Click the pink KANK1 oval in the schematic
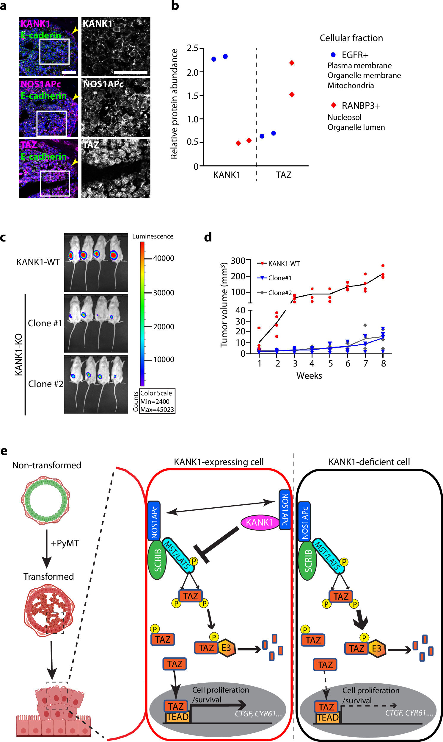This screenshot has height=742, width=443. coord(259,522)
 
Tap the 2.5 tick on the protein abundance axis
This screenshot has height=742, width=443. coord(193,48)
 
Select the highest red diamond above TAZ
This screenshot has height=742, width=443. coord(292,63)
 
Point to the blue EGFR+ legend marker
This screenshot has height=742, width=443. coord(333,55)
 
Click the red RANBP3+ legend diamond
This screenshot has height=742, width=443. coord(334,105)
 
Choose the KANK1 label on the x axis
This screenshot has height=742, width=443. coord(227,175)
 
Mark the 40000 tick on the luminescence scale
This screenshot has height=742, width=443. coord(164,258)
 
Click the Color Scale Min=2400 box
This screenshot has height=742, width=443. coord(157,401)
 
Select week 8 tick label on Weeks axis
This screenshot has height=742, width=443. coord(384,364)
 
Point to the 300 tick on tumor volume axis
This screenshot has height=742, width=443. coord(238,261)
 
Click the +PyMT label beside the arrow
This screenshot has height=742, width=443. coord(65,543)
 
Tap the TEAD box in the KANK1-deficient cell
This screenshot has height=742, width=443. coord(328,717)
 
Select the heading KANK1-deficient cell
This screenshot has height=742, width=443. coord(369,462)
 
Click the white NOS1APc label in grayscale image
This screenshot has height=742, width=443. coord(103,84)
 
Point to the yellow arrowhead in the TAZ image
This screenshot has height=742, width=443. coord(75,162)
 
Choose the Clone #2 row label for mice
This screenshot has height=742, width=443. coord(46,384)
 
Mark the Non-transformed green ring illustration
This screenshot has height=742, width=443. coord(46,500)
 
